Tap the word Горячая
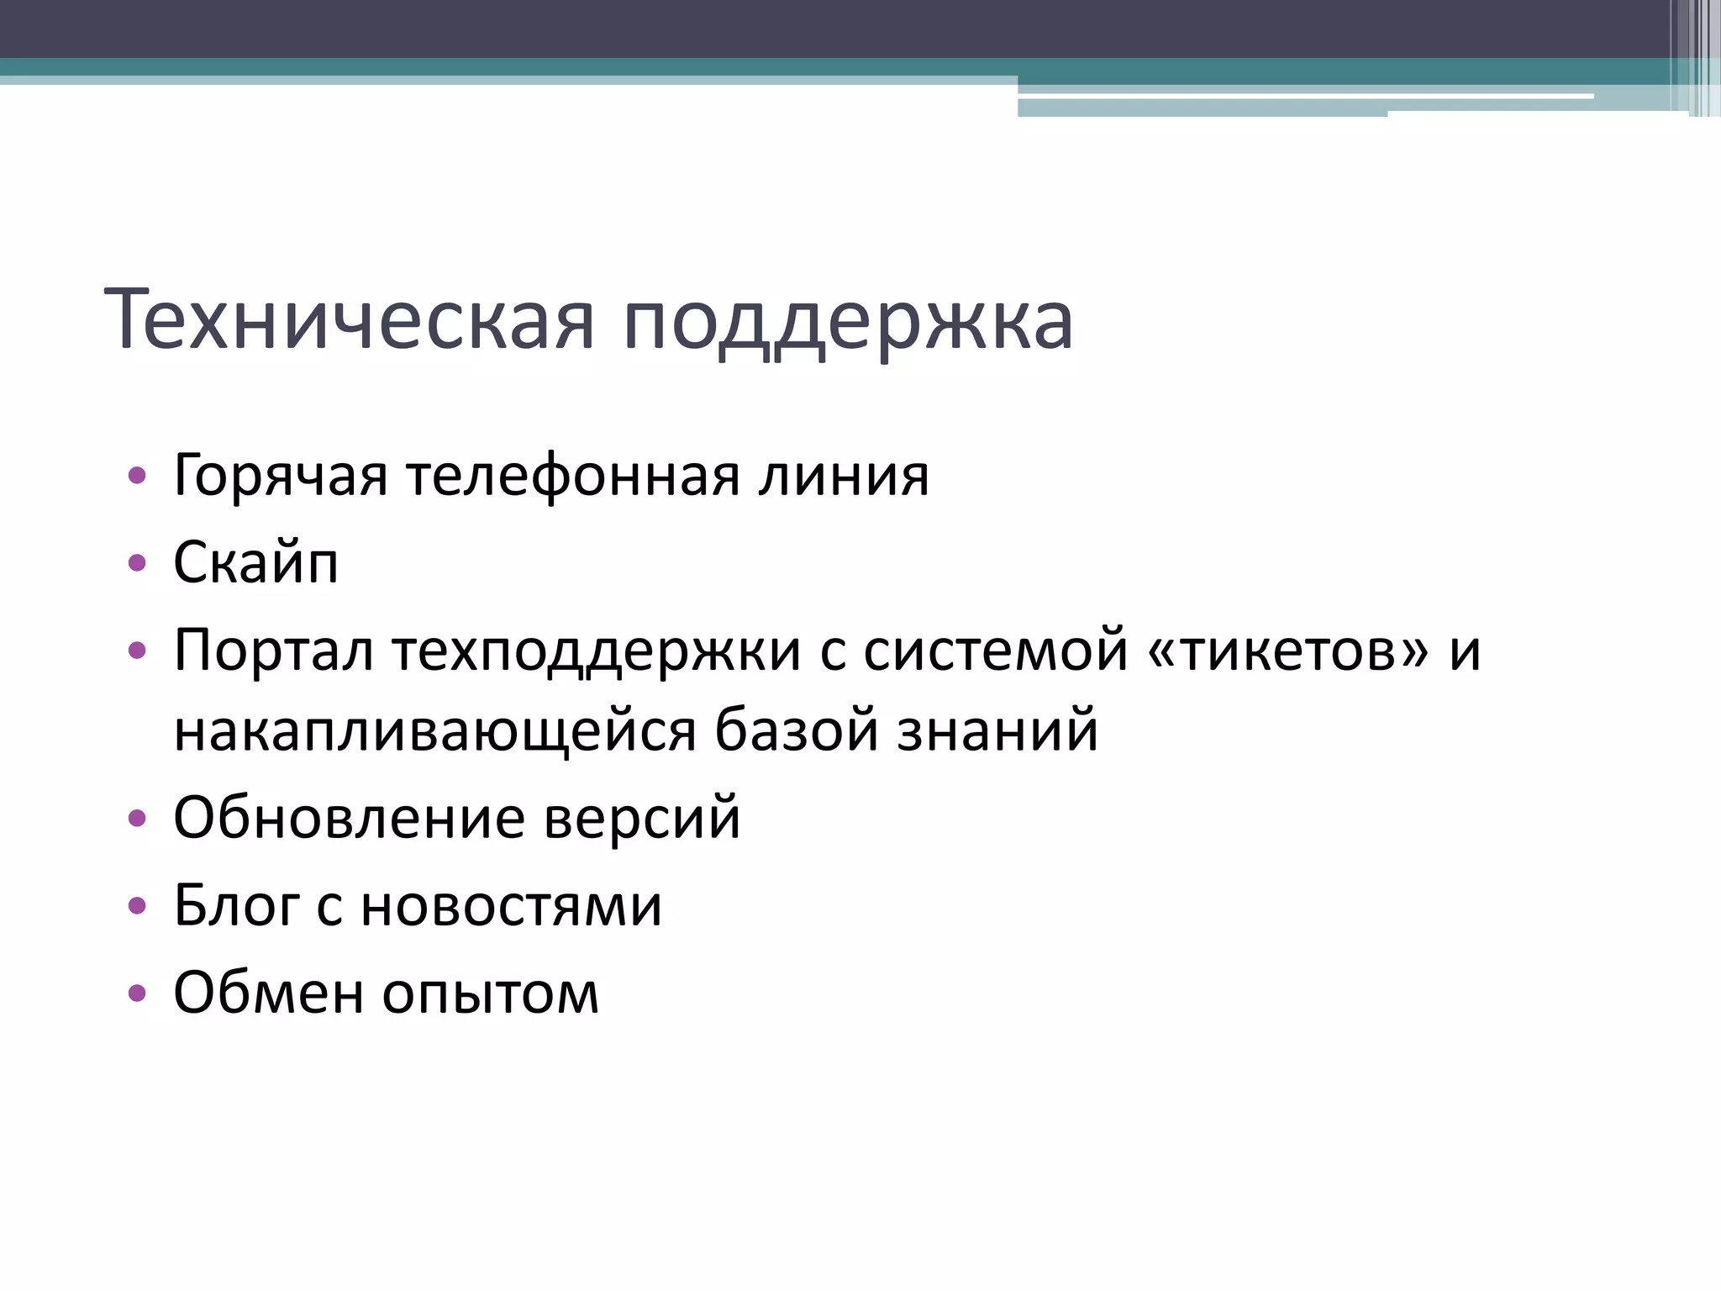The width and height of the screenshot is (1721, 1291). click(x=280, y=477)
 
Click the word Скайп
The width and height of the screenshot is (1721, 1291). click(x=255, y=563)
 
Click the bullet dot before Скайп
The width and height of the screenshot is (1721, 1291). click(x=137, y=562)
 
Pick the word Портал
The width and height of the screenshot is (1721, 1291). click(x=273, y=651)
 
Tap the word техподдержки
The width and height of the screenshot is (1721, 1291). click(x=596, y=652)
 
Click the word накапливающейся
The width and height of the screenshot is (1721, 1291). click(x=434, y=731)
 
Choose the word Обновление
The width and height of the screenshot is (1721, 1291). click(x=349, y=817)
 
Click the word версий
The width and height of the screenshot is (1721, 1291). click(x=642, y=817)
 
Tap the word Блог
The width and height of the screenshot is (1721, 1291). click(x=236, y=906)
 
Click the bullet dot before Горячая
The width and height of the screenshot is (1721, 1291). click(x=137, y=476)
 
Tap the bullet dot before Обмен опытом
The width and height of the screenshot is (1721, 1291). click(x=137, y=993)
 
